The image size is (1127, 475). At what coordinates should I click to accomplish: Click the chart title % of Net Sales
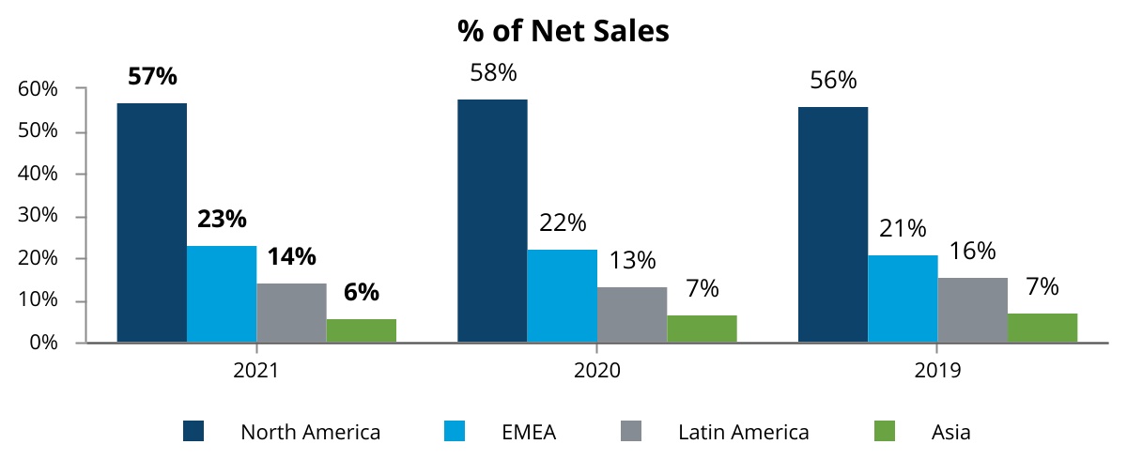(x=563, y=30)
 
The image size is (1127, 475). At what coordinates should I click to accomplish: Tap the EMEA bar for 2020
(x=562, y=296)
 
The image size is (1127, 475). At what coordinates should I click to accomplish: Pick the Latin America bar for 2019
(x=972, y=310)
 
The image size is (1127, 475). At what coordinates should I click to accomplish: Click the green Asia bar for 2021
(x=361, y=330)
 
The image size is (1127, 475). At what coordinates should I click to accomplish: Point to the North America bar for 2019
(x=832, y=224)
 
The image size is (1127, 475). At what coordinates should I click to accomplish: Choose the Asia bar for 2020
(x=702, y=329)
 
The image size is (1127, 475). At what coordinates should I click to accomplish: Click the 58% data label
(x=493, y=72)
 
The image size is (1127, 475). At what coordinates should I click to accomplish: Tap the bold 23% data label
(x=222, y=220)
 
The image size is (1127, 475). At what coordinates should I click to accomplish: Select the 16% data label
(x=972, y=252)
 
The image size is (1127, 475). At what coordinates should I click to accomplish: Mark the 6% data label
(x=361, y=292)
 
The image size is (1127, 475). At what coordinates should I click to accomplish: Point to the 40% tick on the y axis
(x=39, y=174)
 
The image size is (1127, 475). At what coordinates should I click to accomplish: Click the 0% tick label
(x=43, y=343)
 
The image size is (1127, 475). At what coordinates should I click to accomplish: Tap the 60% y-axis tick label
(x=39, y=89)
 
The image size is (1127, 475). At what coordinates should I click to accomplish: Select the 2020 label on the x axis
(x=596, y=371)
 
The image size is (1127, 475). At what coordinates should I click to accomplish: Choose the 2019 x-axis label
(x=937, y=371)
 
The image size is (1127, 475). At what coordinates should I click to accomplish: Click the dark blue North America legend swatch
(x=194, y=432)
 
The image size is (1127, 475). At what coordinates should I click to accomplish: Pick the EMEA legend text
(x=529, y=433)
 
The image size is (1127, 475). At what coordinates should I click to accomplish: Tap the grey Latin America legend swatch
(x=632, y=432)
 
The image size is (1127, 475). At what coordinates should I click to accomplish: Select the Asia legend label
(x=950, y=433)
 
